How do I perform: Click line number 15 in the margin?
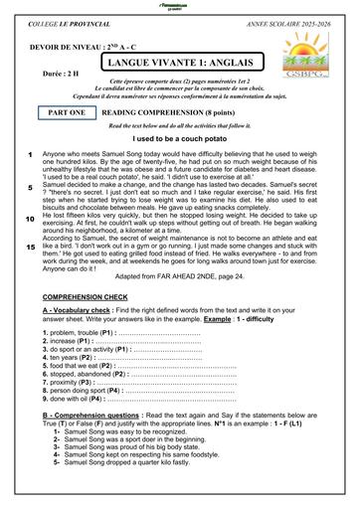30,246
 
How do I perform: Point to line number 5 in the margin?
30,187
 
